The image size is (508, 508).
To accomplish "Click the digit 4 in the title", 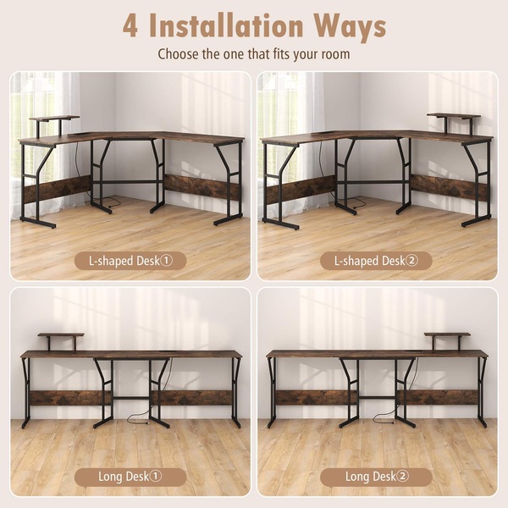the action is coord(130,26).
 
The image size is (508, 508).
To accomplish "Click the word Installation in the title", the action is coord(226,25).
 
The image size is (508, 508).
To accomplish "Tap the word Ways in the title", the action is coord(350,28).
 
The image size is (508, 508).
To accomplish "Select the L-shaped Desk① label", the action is coord(130,261).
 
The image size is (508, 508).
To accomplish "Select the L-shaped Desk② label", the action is coord(376,261).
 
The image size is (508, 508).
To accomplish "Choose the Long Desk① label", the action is coord(130,477).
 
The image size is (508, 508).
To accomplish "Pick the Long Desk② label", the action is coord(376,477).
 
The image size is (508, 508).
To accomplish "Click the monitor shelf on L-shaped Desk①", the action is coord(54,119).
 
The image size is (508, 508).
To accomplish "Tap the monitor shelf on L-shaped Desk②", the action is coord(453,116).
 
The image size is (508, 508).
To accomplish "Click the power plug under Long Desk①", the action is coord(147,423).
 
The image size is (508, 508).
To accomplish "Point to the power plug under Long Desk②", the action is coord(393,423).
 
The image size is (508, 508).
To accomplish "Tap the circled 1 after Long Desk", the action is coord(156,476).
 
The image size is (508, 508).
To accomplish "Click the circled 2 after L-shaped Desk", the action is coord(411,261).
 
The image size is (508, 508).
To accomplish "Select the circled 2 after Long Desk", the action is coord(403,476).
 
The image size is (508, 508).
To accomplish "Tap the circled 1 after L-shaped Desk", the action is coord(167,261).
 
